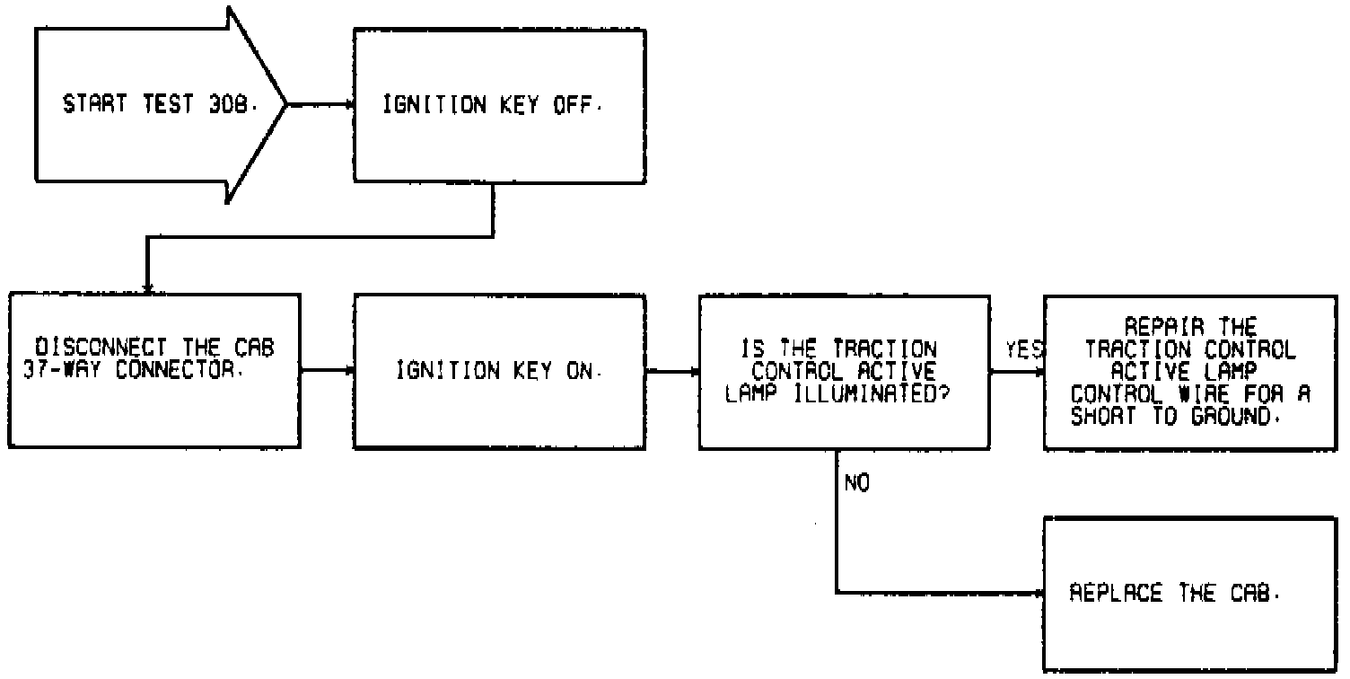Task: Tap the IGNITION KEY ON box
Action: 499,371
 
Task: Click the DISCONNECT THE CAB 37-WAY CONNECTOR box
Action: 155,371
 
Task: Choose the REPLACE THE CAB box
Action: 1189,594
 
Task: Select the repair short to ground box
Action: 1189,371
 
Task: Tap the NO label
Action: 857,484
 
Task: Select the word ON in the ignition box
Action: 578,371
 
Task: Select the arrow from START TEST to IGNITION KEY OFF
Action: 320,105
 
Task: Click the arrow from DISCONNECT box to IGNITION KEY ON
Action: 328,369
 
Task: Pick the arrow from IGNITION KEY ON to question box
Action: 672,369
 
